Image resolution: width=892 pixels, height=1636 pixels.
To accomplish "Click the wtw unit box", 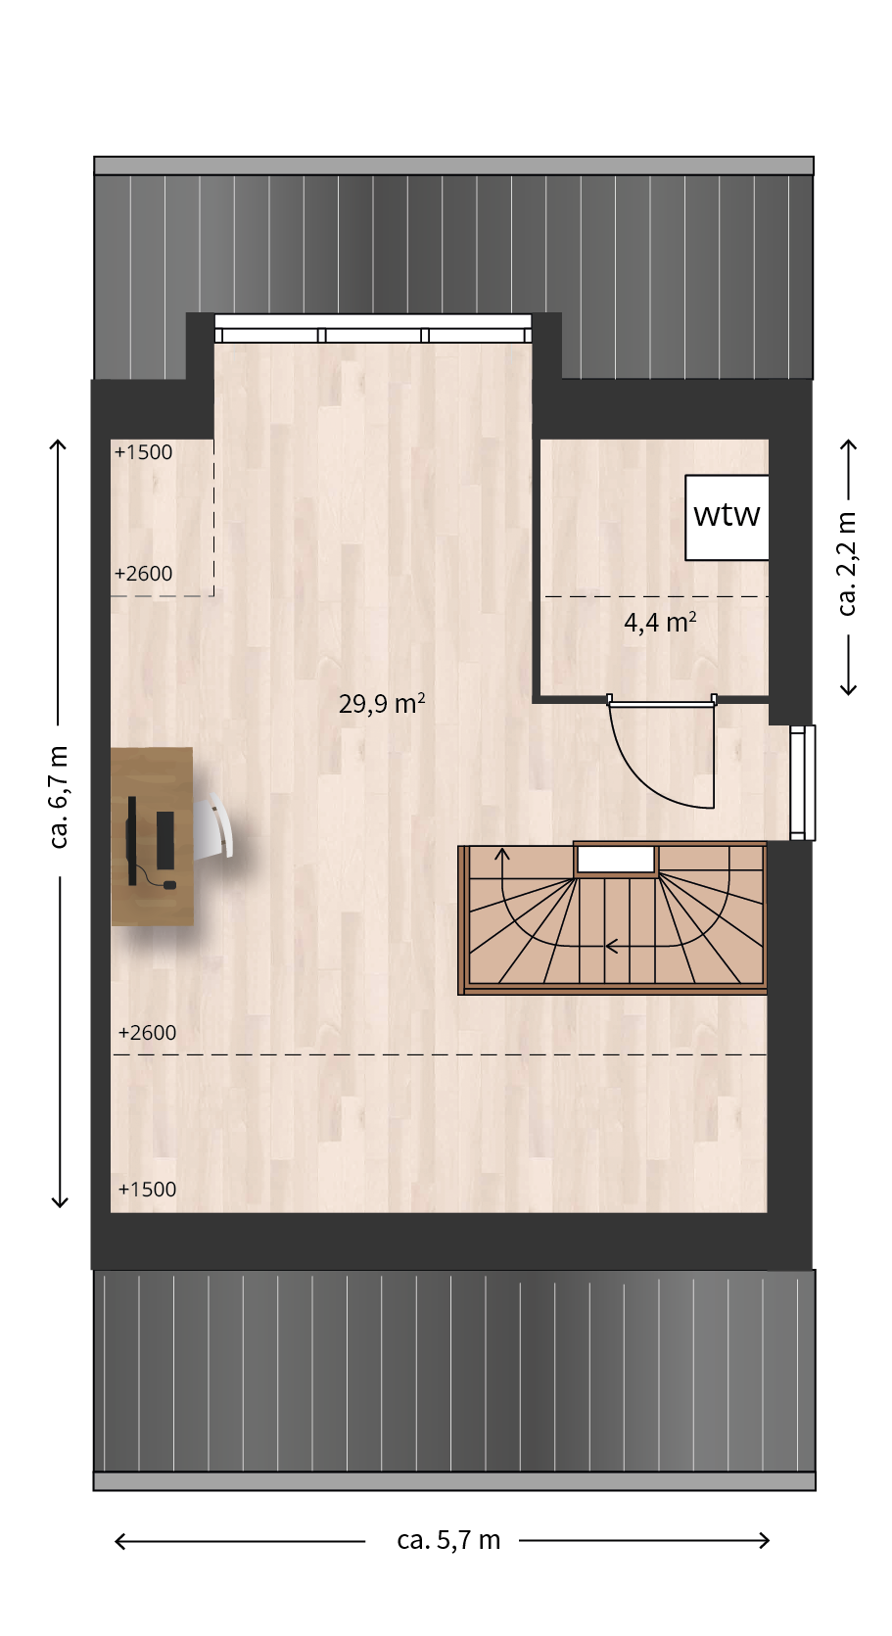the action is tap(727, 517).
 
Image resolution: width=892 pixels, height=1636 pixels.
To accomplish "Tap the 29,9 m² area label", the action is tap(381, 703).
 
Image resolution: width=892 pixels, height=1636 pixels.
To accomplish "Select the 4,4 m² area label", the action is tap(660, 623).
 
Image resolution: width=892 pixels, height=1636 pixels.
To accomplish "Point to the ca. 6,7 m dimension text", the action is tap(58, 798).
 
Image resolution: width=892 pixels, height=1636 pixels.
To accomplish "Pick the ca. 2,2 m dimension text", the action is tap(847, 564).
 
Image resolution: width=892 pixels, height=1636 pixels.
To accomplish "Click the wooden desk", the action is tap(152, 836).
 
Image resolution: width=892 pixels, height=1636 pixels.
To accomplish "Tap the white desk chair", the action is tap(214, 824).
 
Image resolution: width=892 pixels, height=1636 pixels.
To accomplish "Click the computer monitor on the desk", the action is tap(131, 840).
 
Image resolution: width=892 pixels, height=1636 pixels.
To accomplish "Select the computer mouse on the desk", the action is tap(169, 885).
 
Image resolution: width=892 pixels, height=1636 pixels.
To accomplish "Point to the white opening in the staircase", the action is tap(616, 860).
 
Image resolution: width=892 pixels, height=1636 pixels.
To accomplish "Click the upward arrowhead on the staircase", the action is tap(502, 856).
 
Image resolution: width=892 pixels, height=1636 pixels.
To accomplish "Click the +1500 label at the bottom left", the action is tap(147, 1189).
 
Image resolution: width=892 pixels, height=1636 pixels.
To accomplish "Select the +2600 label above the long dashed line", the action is tap(147, 1033).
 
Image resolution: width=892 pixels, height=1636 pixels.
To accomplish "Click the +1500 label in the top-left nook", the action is tap(143, 452).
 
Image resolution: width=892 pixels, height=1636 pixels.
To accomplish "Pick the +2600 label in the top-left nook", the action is tap(143, 574).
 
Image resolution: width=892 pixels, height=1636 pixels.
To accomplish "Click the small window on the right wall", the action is tap(803, 783).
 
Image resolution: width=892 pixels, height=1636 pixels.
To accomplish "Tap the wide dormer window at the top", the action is tap(373, 329).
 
